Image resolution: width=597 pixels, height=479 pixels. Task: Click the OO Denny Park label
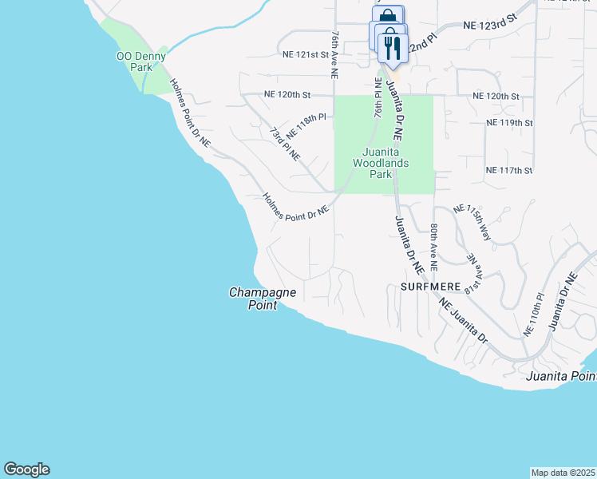(x=141, y=61)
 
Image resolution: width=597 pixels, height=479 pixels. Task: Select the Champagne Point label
(x=263, y=299)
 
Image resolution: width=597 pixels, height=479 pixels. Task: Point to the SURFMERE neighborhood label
(x=431, y=285)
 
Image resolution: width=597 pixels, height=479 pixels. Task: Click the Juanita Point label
(x=562, y=375)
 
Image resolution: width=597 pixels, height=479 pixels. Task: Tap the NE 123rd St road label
(x=490, y=26)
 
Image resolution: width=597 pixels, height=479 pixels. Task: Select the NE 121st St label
(x=306, y=54)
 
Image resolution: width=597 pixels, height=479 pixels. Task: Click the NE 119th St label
(x=508, y=123)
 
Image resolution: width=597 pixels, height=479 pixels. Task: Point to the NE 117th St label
(x=508, y=171)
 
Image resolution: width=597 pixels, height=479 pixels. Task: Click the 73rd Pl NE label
(x=284, y=143)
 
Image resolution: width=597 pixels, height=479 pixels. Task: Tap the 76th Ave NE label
(x=335, y=56)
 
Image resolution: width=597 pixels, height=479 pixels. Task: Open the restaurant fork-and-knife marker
(x=391, y=47)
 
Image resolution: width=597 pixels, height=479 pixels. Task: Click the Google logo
(x=26, y=469)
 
